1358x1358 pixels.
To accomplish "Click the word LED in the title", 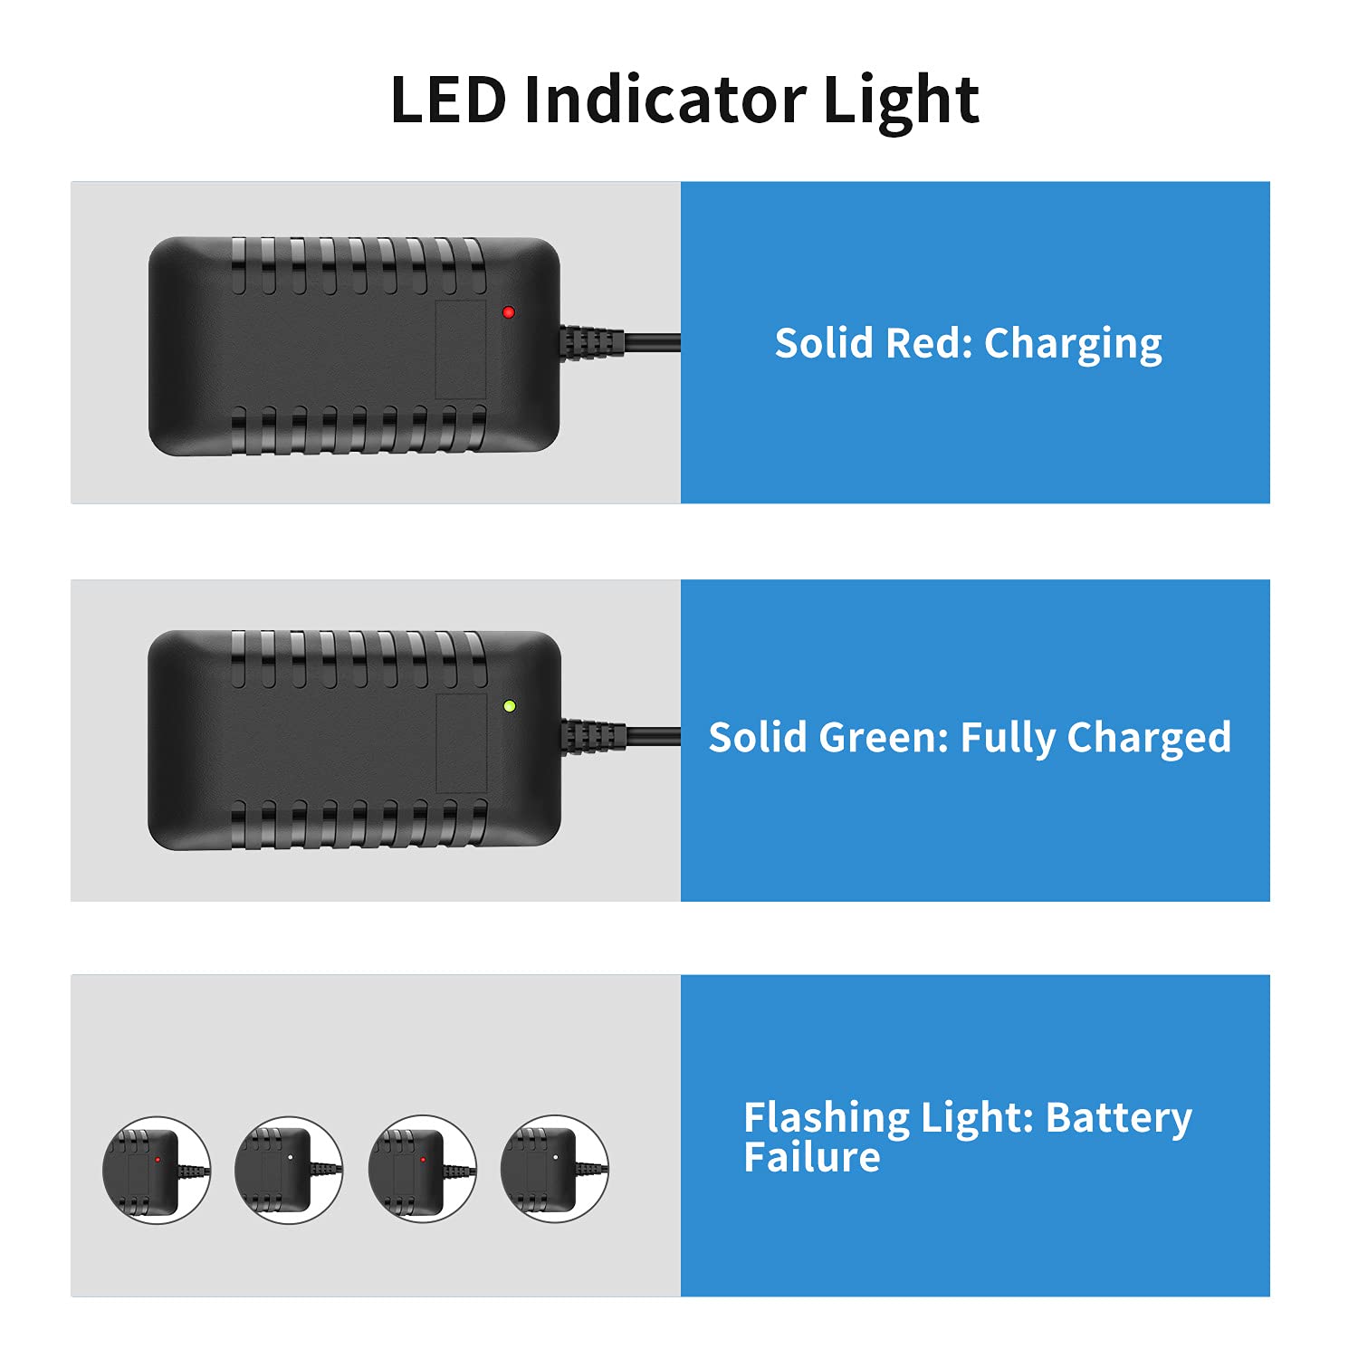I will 447,100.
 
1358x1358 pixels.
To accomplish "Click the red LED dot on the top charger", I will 509,312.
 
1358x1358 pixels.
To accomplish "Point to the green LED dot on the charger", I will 510,706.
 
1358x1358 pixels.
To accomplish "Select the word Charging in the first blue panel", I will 1073,344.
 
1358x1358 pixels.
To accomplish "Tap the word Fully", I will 1008,739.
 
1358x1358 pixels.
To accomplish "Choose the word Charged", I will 1149,738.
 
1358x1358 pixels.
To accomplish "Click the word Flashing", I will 827,1118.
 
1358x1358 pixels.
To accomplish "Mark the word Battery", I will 1118,1118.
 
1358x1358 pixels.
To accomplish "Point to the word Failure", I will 811,1158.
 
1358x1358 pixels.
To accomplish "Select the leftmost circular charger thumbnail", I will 157,1170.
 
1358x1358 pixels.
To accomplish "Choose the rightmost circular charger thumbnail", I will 554,1169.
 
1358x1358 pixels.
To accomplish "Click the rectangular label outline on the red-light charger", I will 461,349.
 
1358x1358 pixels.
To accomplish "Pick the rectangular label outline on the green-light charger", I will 462,743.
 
